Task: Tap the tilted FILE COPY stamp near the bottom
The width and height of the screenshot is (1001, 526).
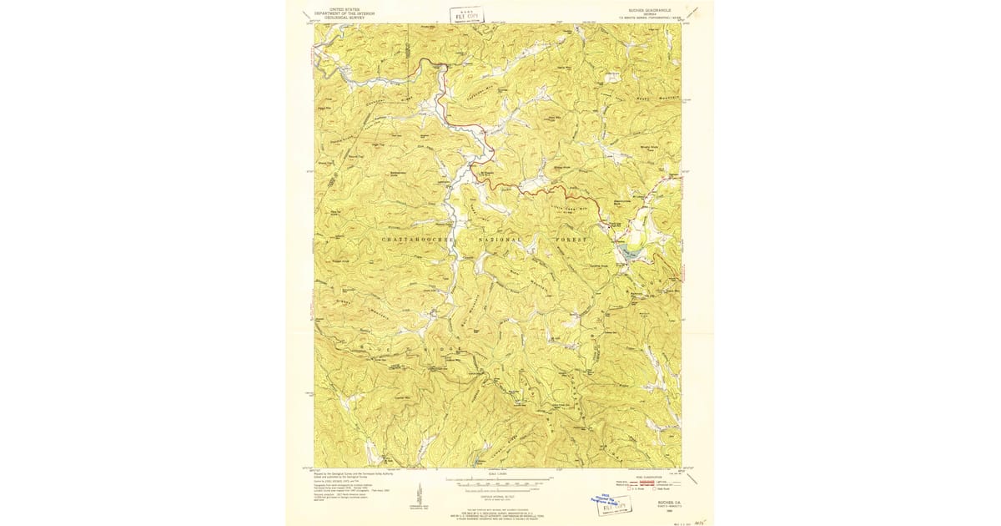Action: [x=617, y=503]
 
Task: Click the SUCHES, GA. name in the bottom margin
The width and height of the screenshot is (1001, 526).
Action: [x=659, y=494]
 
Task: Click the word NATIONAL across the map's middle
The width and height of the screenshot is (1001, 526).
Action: [x=499, y=240]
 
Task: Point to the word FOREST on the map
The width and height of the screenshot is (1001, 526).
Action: [x=571, y=240]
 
